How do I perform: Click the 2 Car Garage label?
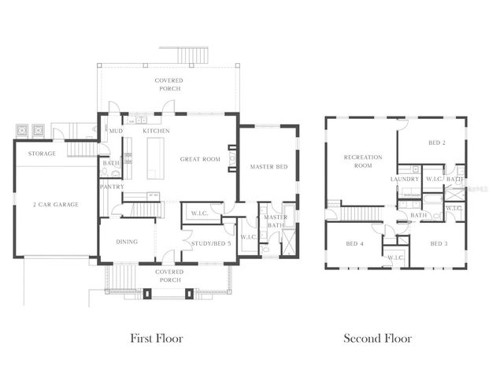55,204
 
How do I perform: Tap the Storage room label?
42,154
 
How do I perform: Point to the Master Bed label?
267,167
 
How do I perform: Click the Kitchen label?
157,131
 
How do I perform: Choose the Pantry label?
111,187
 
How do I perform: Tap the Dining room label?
127,242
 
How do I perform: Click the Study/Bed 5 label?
211,243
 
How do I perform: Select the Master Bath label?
276,222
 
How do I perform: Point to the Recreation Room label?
363,161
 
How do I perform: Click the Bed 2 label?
437,143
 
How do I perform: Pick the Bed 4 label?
354,243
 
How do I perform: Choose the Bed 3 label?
439,243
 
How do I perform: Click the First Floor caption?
156,339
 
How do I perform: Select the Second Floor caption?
377,339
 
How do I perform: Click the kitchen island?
154,158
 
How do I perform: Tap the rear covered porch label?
169,84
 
